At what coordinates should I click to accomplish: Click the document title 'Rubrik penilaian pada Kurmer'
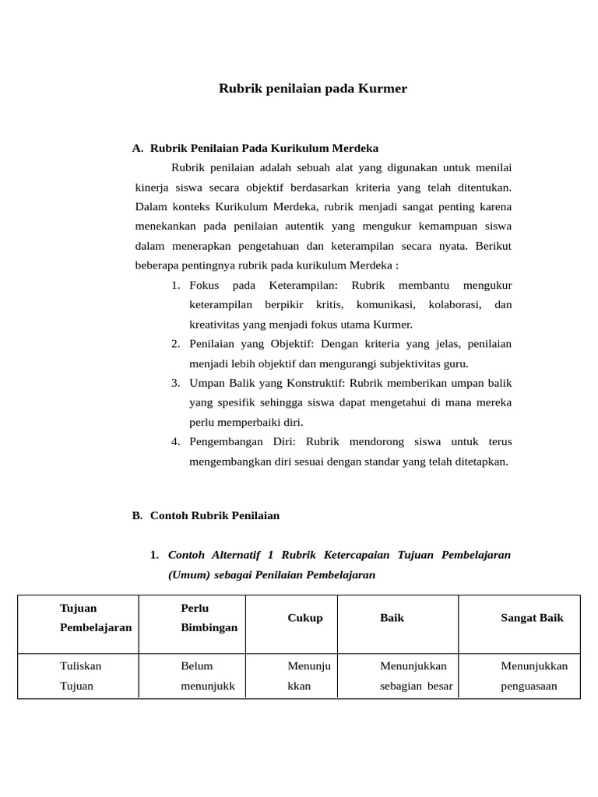(312, 89)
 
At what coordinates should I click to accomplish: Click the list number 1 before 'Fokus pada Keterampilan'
(176, 285)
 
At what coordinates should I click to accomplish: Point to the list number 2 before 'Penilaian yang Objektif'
(176, 344)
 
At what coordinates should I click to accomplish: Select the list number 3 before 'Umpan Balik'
(176, 383)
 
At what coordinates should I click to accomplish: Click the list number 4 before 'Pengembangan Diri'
(176, 441)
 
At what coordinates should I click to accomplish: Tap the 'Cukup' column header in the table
(305, 617)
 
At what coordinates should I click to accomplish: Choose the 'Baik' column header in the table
(392, 617)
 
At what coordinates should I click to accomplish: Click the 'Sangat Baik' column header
(532, 617)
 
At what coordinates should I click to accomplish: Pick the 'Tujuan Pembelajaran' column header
(96, 617)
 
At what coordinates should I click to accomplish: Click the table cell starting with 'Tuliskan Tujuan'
(81, 676)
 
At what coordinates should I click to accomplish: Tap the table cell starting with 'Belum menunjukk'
(202, 676)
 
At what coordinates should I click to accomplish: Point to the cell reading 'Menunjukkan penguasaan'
(534, 676)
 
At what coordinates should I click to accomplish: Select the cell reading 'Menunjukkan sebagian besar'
(416, 676)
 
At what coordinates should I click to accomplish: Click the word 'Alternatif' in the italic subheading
(235, 555)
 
